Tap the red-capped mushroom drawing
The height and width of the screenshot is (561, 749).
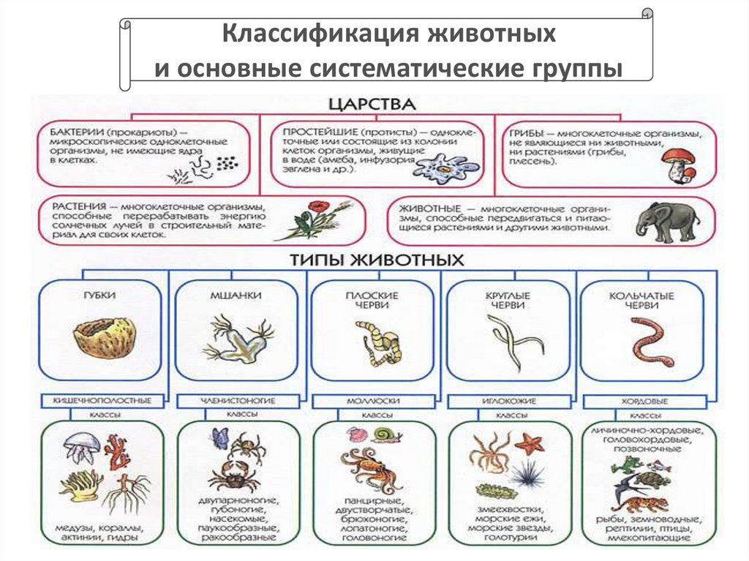click(x=677, y=164)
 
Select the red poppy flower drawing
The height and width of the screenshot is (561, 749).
click(x=317, y=216)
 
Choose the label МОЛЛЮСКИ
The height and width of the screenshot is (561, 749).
click(x=373, y=402)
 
